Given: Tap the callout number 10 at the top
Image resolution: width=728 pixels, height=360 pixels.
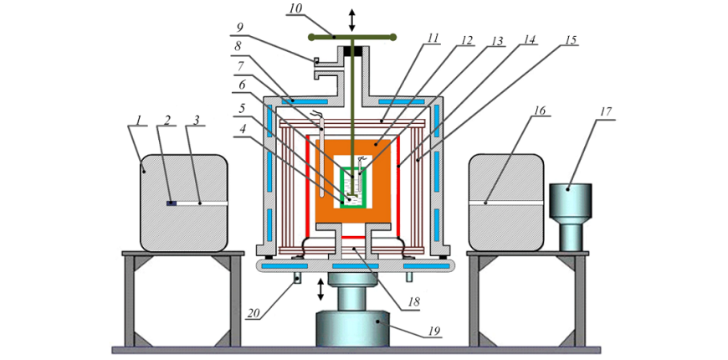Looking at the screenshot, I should pos(295,10).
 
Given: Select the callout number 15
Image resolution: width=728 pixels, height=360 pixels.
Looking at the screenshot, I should pos(571,39).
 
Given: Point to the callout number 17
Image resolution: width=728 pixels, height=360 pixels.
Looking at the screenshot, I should pos(608,111).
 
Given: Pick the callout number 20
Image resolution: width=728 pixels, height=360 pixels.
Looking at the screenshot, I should pos(254,314).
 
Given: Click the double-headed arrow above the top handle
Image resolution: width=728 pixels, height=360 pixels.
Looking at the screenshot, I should pos(352,18).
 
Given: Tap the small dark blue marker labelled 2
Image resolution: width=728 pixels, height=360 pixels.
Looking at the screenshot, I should pos(171,203).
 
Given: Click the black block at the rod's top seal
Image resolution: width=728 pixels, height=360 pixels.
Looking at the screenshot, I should pos(352,53).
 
